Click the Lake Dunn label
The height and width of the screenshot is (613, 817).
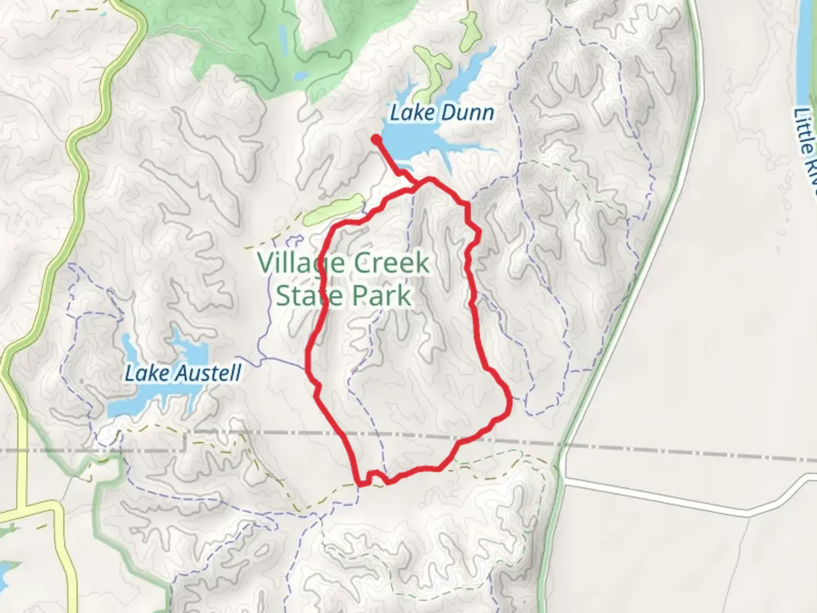pos(441,113)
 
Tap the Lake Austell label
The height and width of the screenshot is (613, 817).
pos(183,373)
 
